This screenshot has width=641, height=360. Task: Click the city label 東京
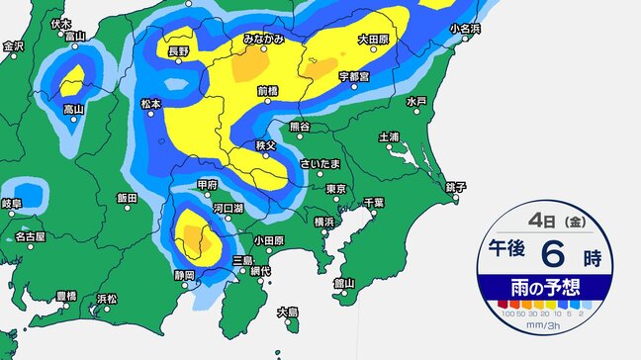335,189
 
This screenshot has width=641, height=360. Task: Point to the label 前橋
268,91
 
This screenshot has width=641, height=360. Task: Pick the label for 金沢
13,45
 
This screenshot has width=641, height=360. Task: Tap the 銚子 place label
456,186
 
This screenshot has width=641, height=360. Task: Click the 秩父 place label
264,145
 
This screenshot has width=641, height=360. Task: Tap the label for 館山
344,283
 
